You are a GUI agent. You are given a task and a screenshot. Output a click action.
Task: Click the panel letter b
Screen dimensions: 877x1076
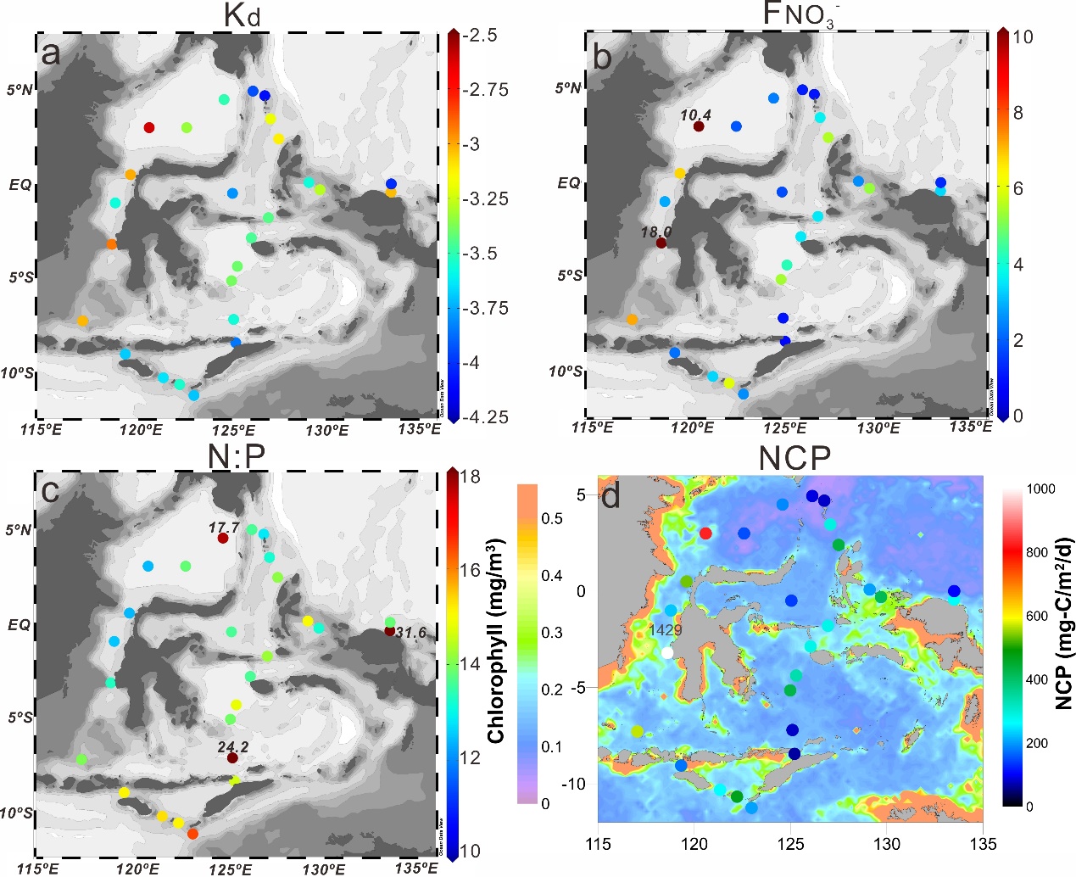pyautogui.click(x=604, y=55)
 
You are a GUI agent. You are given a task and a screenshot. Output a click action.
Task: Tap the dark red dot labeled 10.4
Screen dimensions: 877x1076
pyautogui.click(x=699, y=126)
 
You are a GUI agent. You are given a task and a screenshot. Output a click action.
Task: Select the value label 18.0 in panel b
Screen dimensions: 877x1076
pyautogui.click(x=657, y=232)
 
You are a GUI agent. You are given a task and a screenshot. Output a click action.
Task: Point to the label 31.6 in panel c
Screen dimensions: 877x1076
pyautogui.click(x=411, y=632)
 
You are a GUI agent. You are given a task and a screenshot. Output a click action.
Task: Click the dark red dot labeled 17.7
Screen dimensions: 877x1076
pyautogui.click(x=223, y=539)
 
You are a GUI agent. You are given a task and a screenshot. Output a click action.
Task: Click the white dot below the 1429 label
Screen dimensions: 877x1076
pyautogui.click(x=667, y=653)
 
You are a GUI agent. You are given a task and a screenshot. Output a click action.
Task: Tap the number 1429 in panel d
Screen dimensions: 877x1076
pyautogui.click(x=665, y=630)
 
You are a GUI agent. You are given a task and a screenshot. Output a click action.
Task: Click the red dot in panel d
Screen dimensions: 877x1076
pyautogui.click(x=705, y=533)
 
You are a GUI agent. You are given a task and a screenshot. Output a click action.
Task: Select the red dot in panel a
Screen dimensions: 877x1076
pyautogui.click(x=149, y=127)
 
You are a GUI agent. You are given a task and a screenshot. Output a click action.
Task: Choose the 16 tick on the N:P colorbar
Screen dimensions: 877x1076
pyautogui.click(x=470, y=570)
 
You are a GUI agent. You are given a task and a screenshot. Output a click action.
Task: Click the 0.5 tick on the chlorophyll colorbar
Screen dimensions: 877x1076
pyautogui.click(x=552, y=518)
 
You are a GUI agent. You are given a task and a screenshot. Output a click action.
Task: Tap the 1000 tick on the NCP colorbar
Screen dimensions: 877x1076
pyautogui.click(x=1042, y=489)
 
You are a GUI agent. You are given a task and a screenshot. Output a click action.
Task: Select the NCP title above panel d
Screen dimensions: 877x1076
pyautogui.click(x=794, y=458)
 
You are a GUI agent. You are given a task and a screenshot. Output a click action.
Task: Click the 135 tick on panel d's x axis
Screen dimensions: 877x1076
pyautogui.click(x=983, y=844)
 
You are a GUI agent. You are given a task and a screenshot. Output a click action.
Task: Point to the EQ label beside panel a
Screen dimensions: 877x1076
pyautogui.click(x=20, y=183)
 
